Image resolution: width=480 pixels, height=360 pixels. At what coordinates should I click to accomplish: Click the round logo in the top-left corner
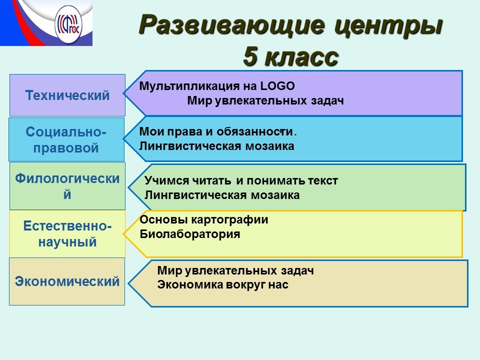[68, 25]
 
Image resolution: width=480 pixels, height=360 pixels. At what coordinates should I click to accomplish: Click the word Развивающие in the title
[231, 25]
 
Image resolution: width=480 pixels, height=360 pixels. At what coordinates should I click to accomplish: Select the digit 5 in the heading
[250, 56]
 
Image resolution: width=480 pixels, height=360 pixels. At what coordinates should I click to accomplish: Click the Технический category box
[67, 95]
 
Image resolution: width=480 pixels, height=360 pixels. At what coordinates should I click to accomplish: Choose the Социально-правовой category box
[66, 139]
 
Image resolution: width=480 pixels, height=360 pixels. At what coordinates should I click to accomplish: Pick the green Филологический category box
[67, 186]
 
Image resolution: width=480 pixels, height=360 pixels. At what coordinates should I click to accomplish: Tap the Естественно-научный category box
[67, 234]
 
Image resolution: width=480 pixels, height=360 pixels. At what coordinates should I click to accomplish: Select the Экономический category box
[67, 281]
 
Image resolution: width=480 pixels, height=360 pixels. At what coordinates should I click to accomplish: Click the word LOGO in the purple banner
[277, 86]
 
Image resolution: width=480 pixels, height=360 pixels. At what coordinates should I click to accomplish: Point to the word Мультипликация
[189, 86]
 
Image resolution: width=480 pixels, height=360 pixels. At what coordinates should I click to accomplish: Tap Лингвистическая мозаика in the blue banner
[216, 146]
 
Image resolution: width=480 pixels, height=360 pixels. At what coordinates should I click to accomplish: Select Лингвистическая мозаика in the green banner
[222, 195]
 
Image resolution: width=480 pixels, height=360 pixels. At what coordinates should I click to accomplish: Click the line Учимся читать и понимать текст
[241, 180]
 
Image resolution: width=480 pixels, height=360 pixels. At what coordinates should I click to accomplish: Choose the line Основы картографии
[204, 220]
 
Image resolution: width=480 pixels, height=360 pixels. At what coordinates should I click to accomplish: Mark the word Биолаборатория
[190, 234]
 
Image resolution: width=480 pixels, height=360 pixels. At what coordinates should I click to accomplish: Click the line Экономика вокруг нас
[222, 284]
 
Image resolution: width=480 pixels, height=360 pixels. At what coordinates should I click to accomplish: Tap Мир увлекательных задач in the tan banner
[235, 270]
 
